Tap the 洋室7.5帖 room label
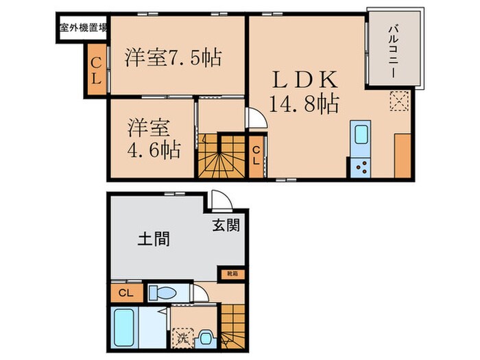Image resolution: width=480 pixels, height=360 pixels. click(x=173, y=58)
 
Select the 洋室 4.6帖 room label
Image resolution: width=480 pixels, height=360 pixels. click(x=153, y=139)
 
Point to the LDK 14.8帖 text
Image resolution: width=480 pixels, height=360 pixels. click(x=303, y=89)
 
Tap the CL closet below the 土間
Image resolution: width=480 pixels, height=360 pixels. click(x=126, y=293)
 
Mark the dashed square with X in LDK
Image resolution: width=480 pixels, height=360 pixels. click(x=399, y=101)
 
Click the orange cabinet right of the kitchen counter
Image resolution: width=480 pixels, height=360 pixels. click(x=403, y=155)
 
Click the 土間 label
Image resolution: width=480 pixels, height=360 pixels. click(x=154, y=239)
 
